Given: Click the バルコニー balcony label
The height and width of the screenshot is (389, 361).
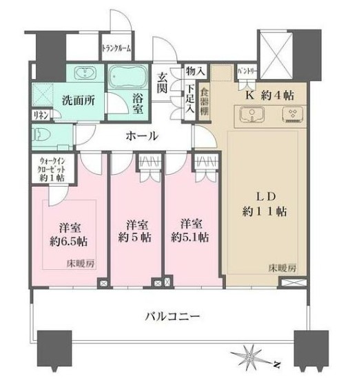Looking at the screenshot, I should [x=172, y=317].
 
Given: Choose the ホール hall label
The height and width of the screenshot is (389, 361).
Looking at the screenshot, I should [x=142, y=136].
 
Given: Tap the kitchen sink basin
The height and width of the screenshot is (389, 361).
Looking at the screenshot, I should [x=249, y=115].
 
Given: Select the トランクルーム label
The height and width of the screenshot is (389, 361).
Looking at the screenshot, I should [x=116, y=49].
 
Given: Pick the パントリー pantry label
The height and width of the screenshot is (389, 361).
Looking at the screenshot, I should [x=247, y=70].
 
